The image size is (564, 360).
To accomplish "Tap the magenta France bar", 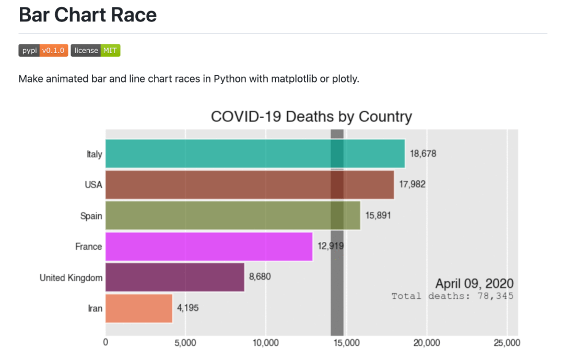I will click(x=209, y=246).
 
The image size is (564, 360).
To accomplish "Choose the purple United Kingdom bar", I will click(x=175, y=277).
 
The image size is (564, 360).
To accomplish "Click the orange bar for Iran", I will click(x=139, y=308).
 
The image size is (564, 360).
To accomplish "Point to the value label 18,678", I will click(x=423, y=154).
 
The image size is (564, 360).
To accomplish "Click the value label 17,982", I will click(x=412, y=184).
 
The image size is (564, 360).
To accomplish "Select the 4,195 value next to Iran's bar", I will click(x=187, y=308).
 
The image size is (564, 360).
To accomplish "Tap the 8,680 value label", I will click(x=260, y=277).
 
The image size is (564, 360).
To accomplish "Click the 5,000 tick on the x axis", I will click(x=185, y=343).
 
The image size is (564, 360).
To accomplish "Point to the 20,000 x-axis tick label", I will click(x=427, y=343).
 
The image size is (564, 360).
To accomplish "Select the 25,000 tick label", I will click(x=507, y=343).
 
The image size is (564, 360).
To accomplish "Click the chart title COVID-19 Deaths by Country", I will click(x=311, y=117).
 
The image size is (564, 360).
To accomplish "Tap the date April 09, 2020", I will click(x=474, y=284).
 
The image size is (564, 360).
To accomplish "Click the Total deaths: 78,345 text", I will click(x=452, y=296).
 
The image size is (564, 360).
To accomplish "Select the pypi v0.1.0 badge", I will click(x=43, y=50).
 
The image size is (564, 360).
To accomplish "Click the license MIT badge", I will click(x=96, y=50).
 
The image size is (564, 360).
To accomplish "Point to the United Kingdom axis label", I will click(x=71, y=277).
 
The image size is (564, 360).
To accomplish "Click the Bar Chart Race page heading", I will click(x=88, y=15).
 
